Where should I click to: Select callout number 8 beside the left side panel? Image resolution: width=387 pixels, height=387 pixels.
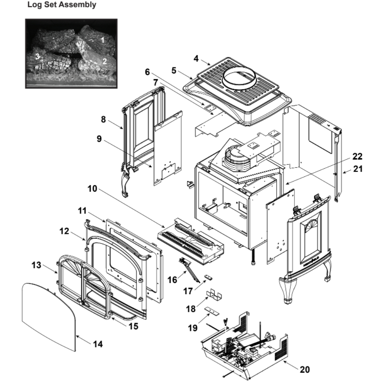click(x=104, y=120)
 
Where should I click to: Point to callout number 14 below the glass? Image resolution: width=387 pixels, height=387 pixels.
click(x=98, y=344)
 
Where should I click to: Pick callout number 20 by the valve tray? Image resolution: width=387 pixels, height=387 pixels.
click(x=305, y=369)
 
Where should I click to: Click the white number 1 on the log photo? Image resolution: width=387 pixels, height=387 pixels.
click(x=103, y=39)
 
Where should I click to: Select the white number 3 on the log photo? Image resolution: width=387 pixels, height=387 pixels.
click(x=38, y=56)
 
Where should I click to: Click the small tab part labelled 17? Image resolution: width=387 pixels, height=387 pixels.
click(x=209, y=277)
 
